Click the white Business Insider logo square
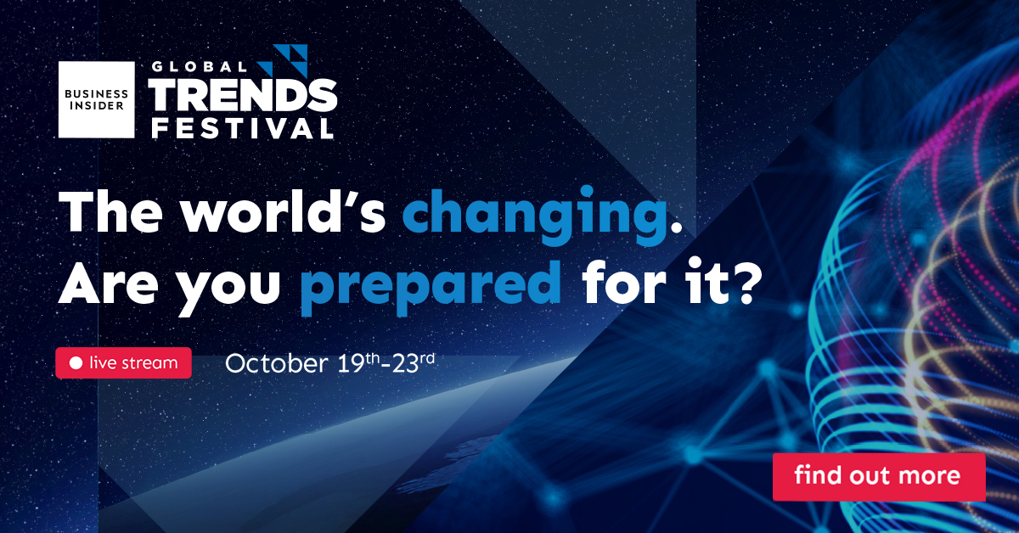coord(97,99)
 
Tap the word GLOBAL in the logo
coord(200,67)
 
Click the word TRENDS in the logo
coord(243,94)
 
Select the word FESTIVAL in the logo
coord(243,128)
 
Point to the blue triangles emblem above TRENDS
coord(287,60)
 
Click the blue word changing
coord(534,215)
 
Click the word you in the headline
coord(228,292)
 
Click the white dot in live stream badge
coord(76,363)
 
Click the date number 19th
coord(358,362)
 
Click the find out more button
coord(880,477)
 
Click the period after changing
coord(676,227)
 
